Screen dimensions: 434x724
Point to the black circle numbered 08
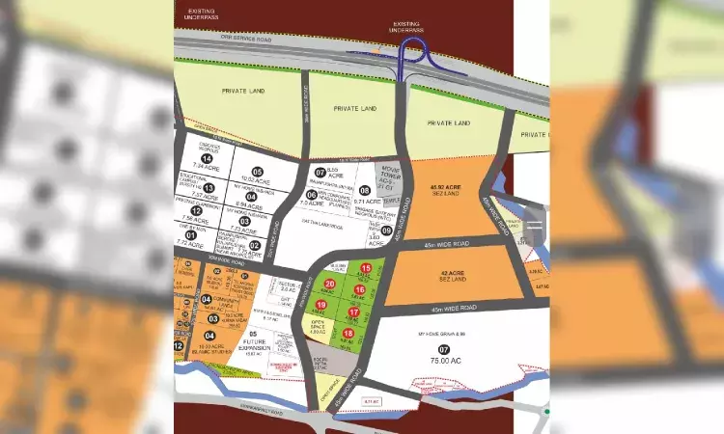pyautogui.click(x=365, y=192)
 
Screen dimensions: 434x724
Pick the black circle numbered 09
pyautogui.click(x=386, y=231)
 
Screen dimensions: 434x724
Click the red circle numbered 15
pyautogui.click(x=365, y=268)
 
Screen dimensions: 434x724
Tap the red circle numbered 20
pyautogui.click(x=329, y=284)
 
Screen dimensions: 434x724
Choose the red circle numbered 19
pyautogui.click(x=321, y=305)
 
